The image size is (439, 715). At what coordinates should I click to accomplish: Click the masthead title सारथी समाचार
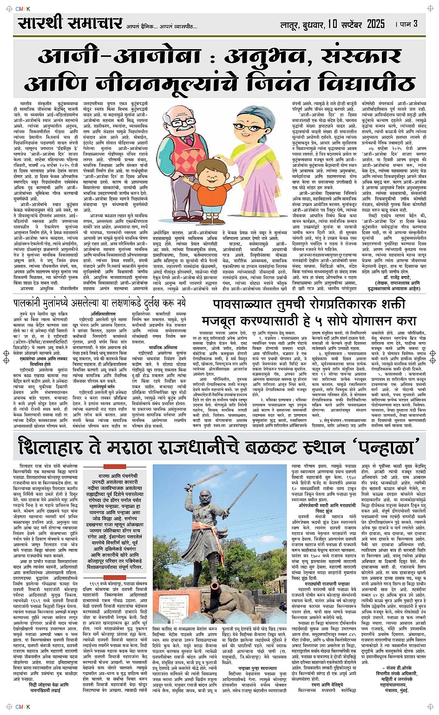pyautogui.click(x=70, y=23)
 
